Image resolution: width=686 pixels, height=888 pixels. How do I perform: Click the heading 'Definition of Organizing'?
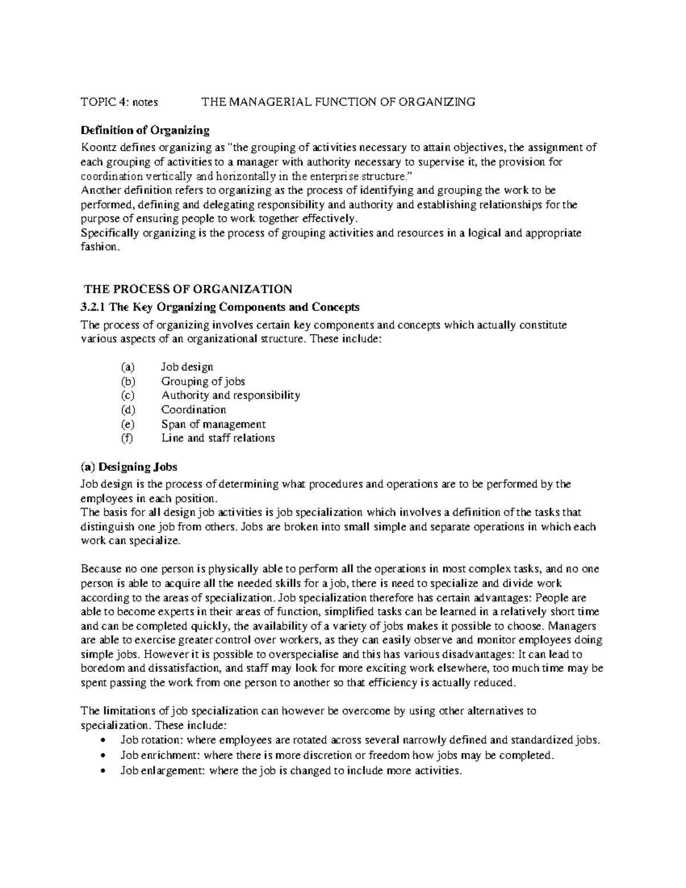tap(145, 130)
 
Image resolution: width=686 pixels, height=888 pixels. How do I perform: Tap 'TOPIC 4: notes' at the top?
tap(119, 102)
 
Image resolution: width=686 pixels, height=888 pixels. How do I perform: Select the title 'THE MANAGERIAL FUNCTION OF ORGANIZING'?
tap(338, 102)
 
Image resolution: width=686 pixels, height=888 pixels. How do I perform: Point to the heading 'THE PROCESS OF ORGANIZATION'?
tap(188, 289)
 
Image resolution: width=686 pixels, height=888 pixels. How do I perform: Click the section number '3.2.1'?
tap(93, 307)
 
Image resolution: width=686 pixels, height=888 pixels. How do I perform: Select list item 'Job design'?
tap(187, 367)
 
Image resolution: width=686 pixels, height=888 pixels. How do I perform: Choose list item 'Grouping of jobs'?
tap(203, 381)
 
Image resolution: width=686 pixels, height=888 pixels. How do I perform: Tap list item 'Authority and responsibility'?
tap(230, 396)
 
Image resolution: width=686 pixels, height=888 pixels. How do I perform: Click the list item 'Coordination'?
tap(193, 410)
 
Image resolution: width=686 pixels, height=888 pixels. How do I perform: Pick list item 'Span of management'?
tap(213, 424)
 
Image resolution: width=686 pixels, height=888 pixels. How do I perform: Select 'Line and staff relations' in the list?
tap(218, 439)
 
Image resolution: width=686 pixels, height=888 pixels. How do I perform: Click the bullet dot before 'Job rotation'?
tap(102, 740)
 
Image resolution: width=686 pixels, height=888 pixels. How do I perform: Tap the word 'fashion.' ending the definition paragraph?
tap(101, 247)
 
